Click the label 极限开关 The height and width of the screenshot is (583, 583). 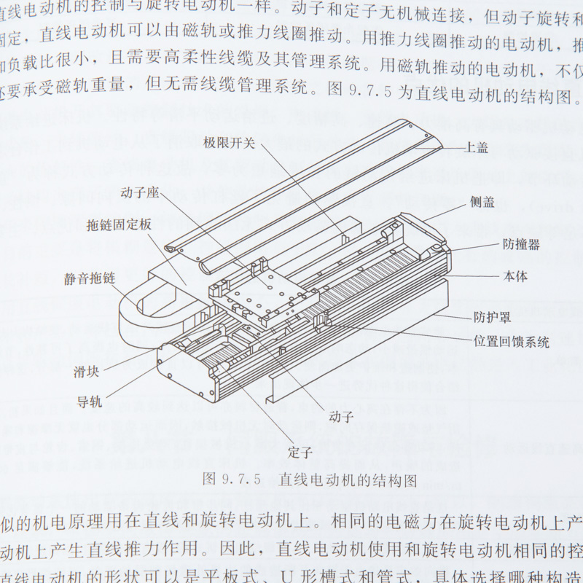point(229,143)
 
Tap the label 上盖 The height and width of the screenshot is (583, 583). point(477,148)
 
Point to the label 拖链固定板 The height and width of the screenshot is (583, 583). point(119,224)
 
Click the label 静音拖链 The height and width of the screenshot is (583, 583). point(89,278)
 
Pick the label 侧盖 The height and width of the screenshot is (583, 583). point(482,203)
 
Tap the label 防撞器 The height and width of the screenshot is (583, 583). point(521,244)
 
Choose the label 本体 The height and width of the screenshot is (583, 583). point(515,276)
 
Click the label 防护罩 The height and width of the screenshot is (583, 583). point(490,317)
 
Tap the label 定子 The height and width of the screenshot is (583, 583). point(300,453)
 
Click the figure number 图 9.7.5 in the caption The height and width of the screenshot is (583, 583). point(230,480)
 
